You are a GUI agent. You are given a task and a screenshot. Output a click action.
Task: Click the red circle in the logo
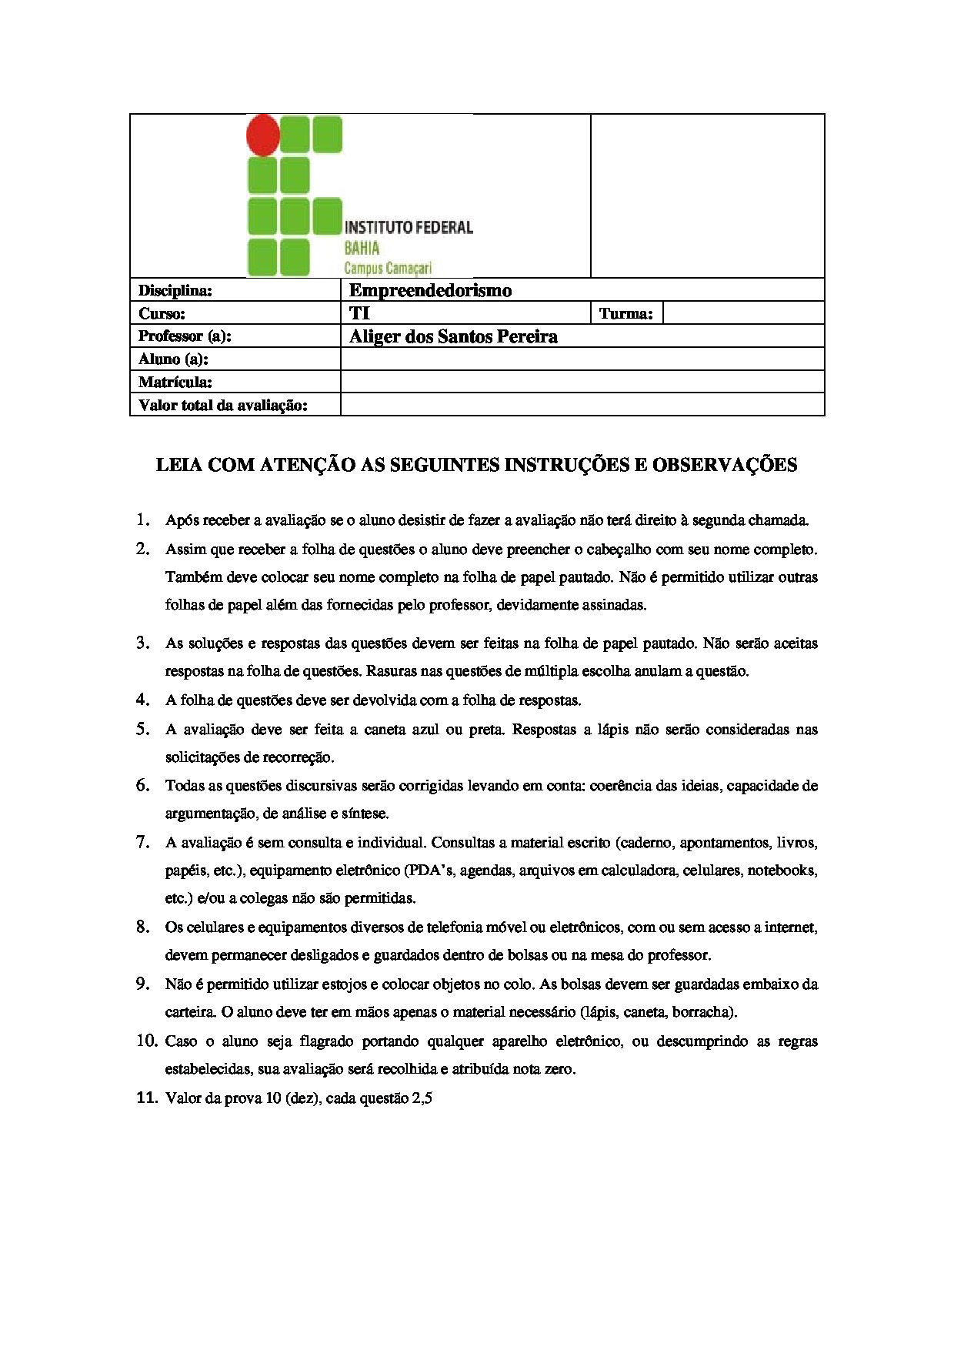pyautogui.click(x=263, y=135)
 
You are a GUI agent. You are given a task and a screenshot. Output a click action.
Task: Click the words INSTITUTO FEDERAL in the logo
pyautogui.click(x=409, y=227)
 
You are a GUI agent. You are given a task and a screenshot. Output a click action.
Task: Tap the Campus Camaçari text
pyautogui.click(x=388, y=268)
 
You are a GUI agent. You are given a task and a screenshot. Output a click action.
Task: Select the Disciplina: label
pyautogui.click(x=175, y=290)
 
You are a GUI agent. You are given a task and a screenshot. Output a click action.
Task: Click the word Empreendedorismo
pyautogui.click(x=430, y=290)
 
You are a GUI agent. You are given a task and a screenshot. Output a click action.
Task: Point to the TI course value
pyautogui.click(x=359, y=313)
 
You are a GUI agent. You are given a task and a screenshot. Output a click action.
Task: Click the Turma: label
pyautogui.click(x=625, y=313)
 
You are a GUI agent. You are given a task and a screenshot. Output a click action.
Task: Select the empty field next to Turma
pyautogui.click(x=742, y=313)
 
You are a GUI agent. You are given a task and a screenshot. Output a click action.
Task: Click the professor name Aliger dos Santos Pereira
pyautogui.click(x=453, y=336)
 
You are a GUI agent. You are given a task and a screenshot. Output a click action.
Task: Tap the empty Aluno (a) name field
pyautogui.click(x=582, y=359)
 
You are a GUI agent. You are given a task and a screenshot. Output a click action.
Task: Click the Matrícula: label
pyautogui.click(x=175, y=382)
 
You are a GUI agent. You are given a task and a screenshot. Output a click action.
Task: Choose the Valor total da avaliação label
pyautogui.click(x=222, y=405)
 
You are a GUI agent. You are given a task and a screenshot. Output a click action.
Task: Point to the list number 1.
pyautogui.click(x=143, y=520)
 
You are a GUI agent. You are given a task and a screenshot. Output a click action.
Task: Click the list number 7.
pyautogui.click(x=143, y=842)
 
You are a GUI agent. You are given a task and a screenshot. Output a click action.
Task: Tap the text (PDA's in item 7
pyautogui.click(x=431, y=870)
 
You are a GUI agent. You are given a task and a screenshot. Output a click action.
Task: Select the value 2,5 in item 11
pyautogui.click(x=422, y=1098)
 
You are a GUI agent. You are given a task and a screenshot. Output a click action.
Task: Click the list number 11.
pyautogui.click(x=146, y=1098)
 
